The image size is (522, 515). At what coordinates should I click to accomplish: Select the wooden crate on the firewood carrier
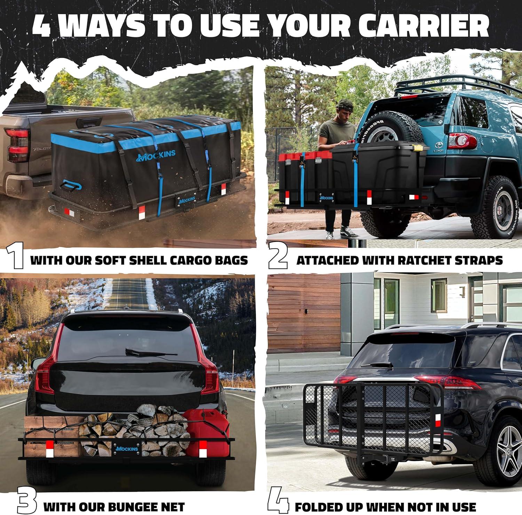coord(52,436)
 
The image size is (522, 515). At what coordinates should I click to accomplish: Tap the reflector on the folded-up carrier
coord(438,421)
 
